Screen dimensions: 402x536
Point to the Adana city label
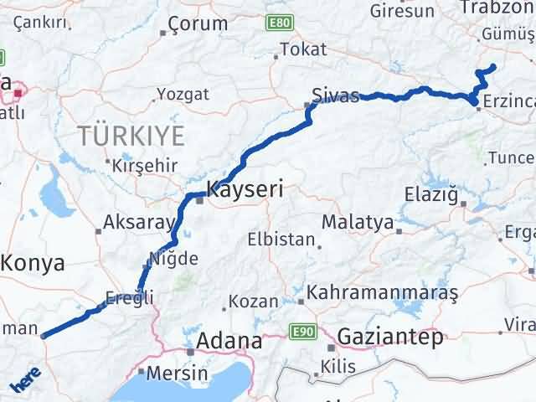coord(229,341)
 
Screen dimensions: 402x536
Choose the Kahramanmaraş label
coord(383,294)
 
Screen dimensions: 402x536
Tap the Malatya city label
coord(358,223)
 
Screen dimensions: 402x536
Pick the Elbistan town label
coord(280,239)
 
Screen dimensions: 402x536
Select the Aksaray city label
coord(138,224)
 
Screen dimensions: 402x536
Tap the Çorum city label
coord(198,24)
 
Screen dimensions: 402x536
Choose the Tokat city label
coord(303,49)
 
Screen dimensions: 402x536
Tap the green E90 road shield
coord(302,332)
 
